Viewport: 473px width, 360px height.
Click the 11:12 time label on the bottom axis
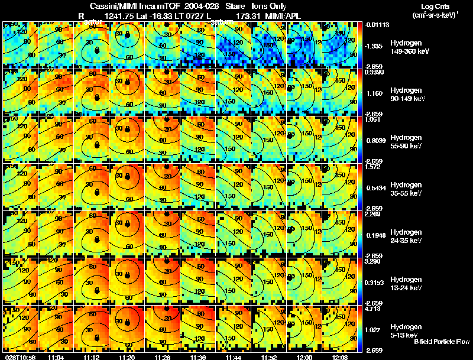click(91, 357)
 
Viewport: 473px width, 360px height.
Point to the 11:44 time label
click(233, 357)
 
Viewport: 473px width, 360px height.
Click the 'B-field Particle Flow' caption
click(441, 342)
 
